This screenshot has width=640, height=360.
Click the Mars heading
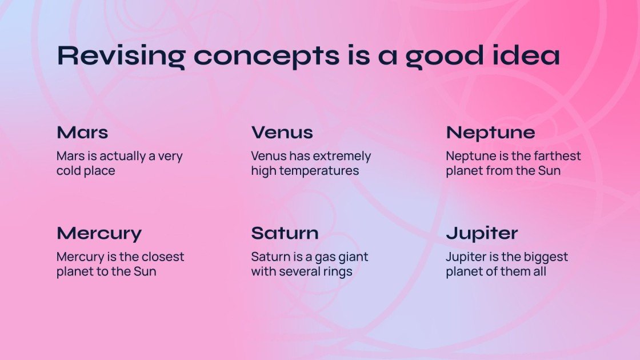pos(82,132)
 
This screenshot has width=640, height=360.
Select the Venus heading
pos(282,132)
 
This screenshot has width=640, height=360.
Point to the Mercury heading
pos(99,234)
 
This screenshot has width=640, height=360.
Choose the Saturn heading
pos(285,233)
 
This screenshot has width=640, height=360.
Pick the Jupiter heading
pos(482,234)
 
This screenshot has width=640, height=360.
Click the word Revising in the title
pos(121,56)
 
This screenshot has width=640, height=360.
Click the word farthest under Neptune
pos(557,156)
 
